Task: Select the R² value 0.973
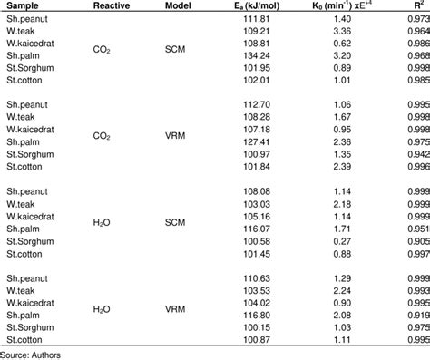point(416,18)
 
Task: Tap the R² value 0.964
point(416,30)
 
